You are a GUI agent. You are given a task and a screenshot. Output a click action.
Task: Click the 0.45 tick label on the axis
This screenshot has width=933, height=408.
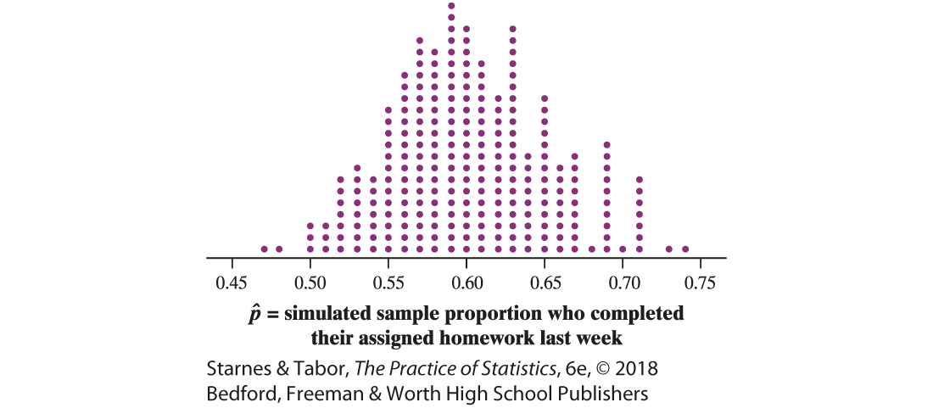pos(232,281)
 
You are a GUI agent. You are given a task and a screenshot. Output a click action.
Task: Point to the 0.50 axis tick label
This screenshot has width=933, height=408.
pos(310,281)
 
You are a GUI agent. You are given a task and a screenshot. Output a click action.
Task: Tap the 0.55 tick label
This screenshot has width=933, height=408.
pos(388,281)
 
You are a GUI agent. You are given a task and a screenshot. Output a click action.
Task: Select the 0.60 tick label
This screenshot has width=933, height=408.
pos(466,281)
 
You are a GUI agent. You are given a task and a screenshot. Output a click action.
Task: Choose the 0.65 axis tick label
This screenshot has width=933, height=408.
pos(545,281)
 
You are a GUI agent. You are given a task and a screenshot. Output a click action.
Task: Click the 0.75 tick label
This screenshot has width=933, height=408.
pos(701,281)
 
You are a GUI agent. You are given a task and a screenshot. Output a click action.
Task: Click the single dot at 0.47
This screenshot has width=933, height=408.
pos(264,249)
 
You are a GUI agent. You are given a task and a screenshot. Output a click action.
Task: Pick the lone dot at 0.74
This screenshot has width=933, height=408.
pos(685,249)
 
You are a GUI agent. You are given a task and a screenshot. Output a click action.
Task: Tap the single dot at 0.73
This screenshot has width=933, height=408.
pos(669,249)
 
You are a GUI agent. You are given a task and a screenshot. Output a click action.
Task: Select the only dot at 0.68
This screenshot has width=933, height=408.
pos(591,249)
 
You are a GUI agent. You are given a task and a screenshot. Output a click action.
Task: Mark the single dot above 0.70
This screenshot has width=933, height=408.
pos(623,249)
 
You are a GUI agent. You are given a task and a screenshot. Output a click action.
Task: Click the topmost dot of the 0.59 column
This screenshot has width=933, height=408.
pos(450,6)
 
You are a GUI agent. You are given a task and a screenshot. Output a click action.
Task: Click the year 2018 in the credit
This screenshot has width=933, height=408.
pos(637,370)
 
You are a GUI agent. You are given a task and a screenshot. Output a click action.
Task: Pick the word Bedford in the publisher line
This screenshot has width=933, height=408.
pos(239,394)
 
